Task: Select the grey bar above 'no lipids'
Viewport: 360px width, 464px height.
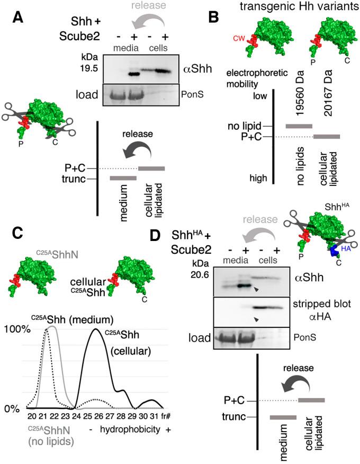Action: (299, 126)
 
